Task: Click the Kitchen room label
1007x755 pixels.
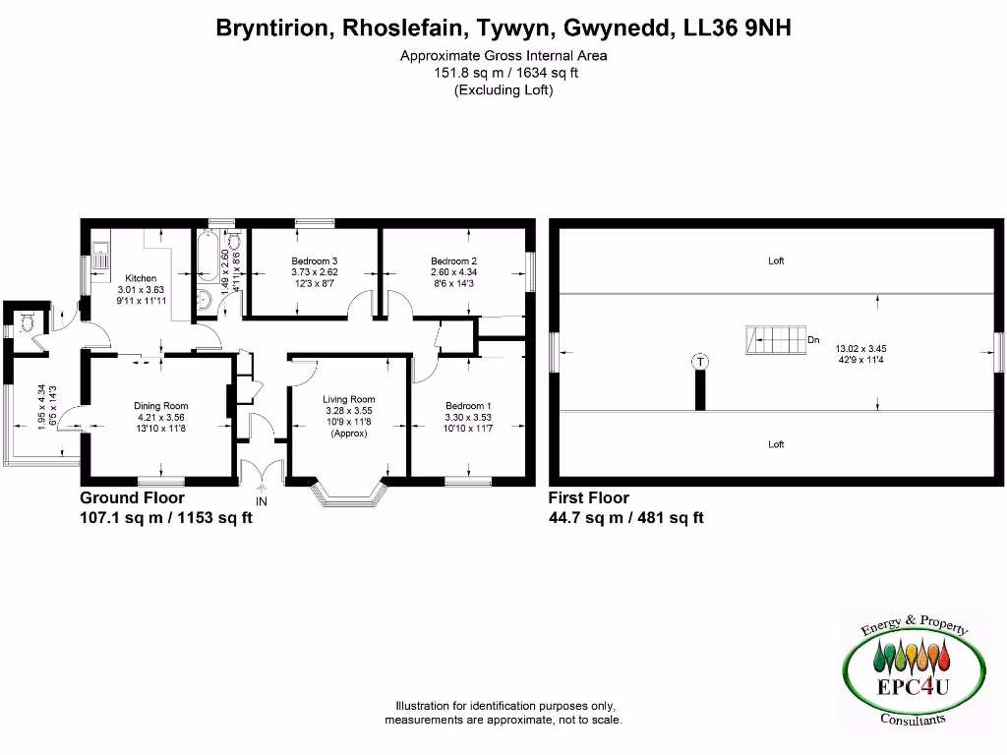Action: coord(135,278)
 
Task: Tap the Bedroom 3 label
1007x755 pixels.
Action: coord(314,261)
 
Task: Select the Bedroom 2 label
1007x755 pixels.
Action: coord(453,261)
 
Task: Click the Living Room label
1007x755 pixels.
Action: coord(349,400)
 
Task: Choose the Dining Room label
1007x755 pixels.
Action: coord(161,406)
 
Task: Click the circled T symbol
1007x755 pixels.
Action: coord(699,361)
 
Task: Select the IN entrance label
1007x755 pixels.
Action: coord(262,501)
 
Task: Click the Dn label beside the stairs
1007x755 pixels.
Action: coord(813,340)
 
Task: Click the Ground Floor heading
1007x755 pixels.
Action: coord(132,498)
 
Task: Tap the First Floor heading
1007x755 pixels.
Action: coord(588,498)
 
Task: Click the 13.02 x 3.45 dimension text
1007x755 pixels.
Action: coord(862,348)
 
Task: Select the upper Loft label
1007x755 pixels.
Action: coord(776,261)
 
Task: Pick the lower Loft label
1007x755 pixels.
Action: coord(776,444)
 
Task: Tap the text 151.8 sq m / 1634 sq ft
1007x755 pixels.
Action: coord(503,73)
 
